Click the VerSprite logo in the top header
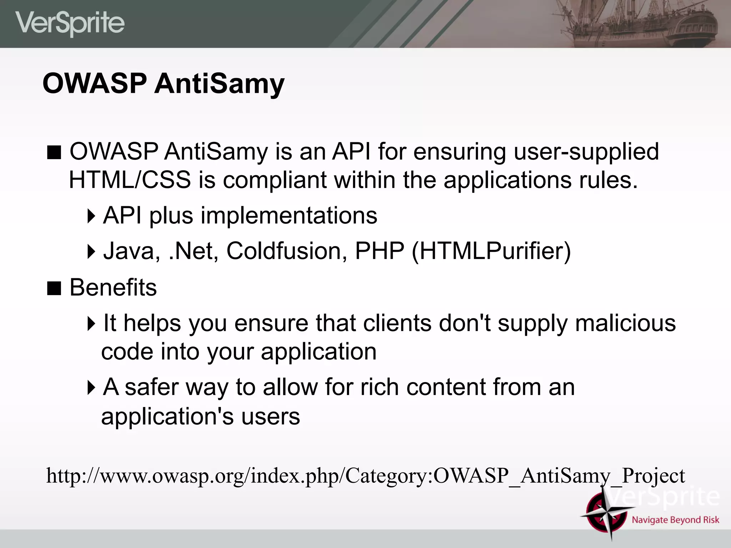70,23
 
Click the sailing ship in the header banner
639,23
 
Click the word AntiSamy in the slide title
219,83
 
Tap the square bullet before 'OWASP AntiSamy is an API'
54,152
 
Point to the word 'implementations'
289,215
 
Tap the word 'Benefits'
113,287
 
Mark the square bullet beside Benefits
54,288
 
